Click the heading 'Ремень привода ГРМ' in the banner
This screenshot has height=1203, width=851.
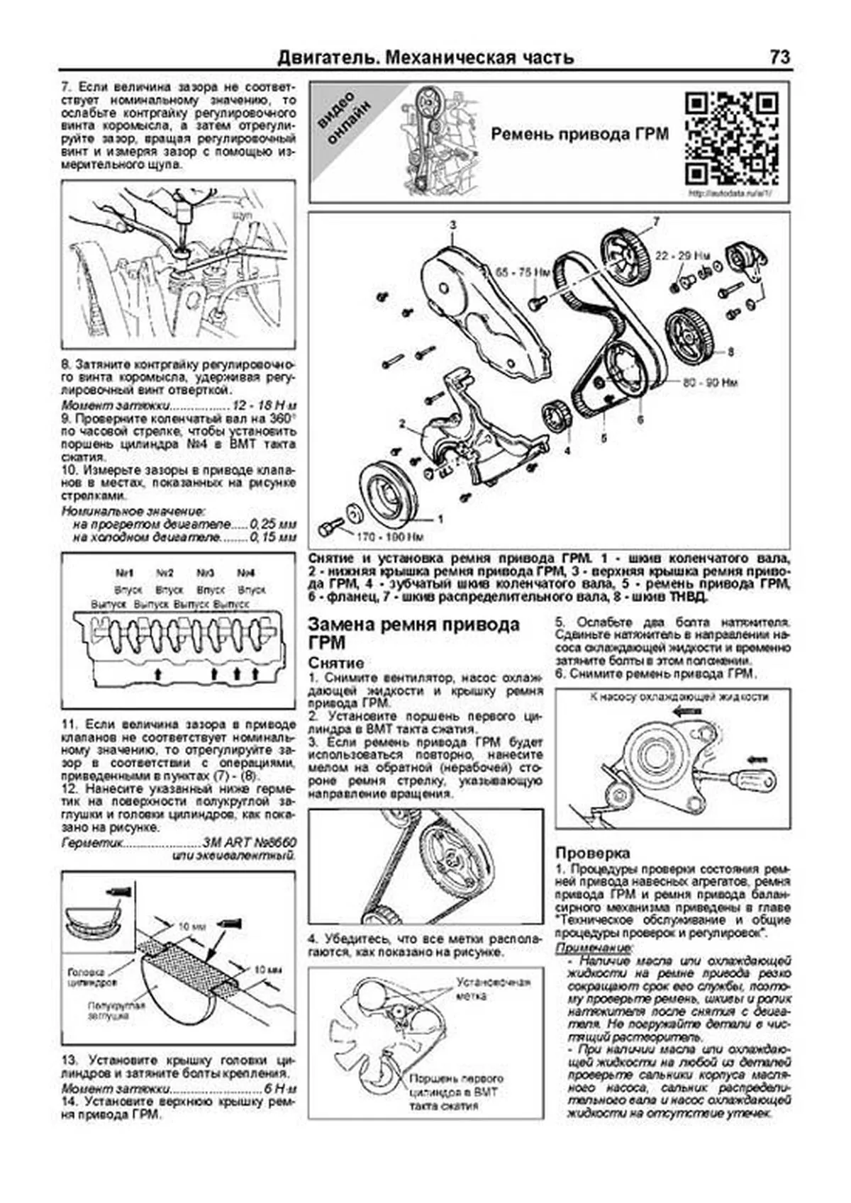(579, 135)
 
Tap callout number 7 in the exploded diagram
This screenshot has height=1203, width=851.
(655, 222)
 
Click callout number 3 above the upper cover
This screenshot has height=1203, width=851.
(452, 225)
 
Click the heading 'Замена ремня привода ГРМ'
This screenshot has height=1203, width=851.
(413, 633)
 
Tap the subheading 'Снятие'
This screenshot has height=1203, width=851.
(336, 663)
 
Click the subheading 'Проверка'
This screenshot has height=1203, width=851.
(592, 853)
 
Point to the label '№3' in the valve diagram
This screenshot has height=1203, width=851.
(205, 573)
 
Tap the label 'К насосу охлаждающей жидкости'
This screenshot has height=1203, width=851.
(679, 697)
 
